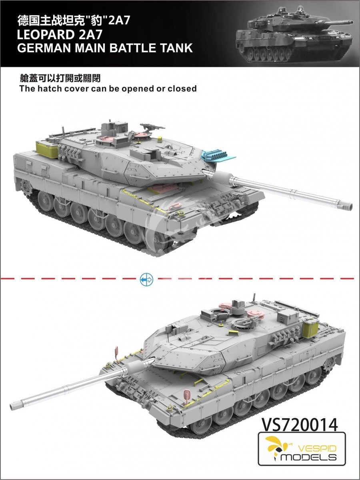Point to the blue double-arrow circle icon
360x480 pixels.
[146, 279]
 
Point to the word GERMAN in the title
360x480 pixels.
[44, 48]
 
